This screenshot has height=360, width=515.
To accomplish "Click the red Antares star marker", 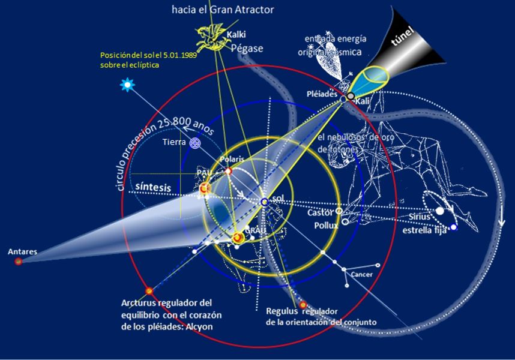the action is (x=19, y=262).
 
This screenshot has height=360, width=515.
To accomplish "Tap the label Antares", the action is (x=22, y=252).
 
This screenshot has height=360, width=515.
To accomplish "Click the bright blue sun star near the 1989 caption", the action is (x=127, y=85).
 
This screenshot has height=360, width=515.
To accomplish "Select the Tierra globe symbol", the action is (x=195, y=143).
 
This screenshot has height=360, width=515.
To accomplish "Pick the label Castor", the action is (x=320, y=212).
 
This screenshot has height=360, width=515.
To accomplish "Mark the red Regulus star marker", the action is (x=303, y=305).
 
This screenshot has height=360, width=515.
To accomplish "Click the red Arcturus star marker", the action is (x=149, y=292).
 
